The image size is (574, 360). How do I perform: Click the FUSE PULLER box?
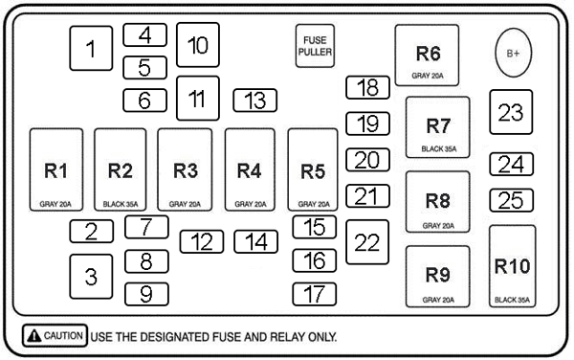(x=315, y=46)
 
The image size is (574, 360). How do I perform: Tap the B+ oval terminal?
(x=513, y=53)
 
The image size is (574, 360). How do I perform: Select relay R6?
(x=427, y=56)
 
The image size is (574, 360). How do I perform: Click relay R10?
(x=513, y=266)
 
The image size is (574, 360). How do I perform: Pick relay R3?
(x=185, y=169)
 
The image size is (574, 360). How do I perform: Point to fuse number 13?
(x=255, y=101)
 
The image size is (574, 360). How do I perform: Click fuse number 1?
(x=91, y=48)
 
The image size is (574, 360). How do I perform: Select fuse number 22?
(x=367, y=242)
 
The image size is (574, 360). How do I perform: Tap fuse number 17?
(x=315, y=294)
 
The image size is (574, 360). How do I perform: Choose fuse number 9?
(x=146, y=294)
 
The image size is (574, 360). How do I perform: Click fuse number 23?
(x=511, y=112)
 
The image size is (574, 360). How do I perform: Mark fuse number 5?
(x=145, y=68)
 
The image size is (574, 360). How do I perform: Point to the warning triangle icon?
(x=34, y=335)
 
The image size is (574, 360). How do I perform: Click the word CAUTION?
(x=63, y=335)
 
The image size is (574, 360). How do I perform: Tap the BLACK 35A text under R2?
(x=121, y=204)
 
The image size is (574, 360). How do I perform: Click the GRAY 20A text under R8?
(x=438, y=226)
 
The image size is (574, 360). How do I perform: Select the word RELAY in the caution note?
(x=287, y=337)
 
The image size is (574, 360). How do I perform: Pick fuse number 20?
(x=367, y=160)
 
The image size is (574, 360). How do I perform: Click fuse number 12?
(x=202, y=241)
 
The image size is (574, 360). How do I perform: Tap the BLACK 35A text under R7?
(x=439, y=149)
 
